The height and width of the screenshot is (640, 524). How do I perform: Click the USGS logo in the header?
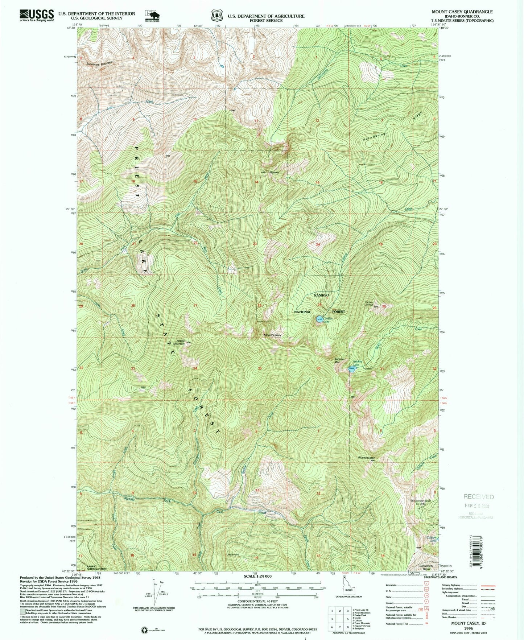[36, 15]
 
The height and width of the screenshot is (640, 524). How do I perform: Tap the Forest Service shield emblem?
[215, 16]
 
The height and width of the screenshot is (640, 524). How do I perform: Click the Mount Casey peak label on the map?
[273, 335]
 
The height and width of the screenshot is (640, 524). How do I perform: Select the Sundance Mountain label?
[99, 63]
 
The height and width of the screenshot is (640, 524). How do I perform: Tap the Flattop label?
[274, 172]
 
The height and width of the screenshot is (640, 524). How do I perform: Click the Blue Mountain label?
[366, 458]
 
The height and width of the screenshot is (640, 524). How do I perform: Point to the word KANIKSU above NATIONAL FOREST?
[321, 296]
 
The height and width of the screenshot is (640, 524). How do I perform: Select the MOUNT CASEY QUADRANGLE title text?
[462, 12]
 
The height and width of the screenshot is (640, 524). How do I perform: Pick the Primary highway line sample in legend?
[487, 585]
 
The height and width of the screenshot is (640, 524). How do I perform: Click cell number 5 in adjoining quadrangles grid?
[347, 619]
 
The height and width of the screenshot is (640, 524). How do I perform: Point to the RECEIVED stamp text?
[478, 497]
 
